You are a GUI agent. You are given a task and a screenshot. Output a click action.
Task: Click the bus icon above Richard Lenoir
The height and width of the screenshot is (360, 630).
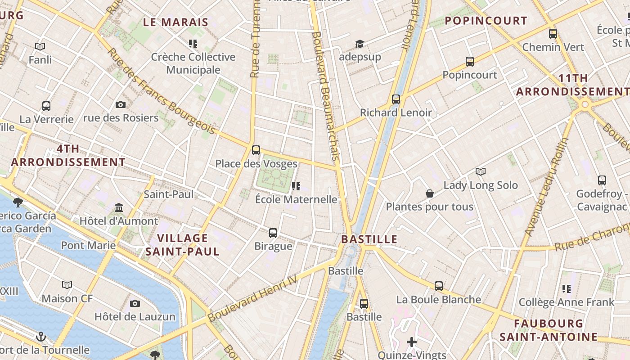point(396,99)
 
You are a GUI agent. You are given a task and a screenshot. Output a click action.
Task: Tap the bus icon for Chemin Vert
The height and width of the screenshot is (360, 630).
point(553,34)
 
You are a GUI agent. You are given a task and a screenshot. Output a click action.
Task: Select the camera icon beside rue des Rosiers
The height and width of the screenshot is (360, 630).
point(121,105)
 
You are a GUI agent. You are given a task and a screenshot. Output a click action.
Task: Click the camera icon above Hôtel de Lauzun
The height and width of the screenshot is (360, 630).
point(135,304)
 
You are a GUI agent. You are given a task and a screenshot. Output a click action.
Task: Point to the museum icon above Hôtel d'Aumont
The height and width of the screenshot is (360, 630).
point(119,208)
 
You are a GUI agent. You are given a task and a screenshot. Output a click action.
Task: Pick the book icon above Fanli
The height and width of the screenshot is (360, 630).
point(40,46)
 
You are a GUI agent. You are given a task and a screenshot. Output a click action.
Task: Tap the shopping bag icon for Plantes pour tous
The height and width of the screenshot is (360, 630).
point(430,194)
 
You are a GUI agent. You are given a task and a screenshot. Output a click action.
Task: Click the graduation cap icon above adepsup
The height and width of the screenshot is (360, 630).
point(360,44)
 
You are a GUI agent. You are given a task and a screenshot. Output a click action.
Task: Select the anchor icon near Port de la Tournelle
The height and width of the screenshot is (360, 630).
point(41,337)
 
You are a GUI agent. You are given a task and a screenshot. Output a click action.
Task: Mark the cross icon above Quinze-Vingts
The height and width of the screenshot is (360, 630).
point(412,342)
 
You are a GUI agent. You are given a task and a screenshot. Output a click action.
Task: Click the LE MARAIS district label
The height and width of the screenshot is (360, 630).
point(176,22)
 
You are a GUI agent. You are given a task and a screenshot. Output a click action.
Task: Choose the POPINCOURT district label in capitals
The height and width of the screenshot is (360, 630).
point(486,21)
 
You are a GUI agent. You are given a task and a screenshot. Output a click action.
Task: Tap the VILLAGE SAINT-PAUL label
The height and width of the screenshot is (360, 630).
point(182,245)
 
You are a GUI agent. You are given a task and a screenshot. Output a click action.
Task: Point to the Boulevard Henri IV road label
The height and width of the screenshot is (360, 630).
point(253,299)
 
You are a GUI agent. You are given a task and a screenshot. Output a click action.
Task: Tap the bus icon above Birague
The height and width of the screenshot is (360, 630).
point(273,233)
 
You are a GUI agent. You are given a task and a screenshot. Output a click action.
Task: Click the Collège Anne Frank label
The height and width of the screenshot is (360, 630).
point(567,302)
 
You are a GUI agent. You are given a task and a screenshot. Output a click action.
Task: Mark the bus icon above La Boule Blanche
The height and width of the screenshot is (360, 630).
point(439,286)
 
